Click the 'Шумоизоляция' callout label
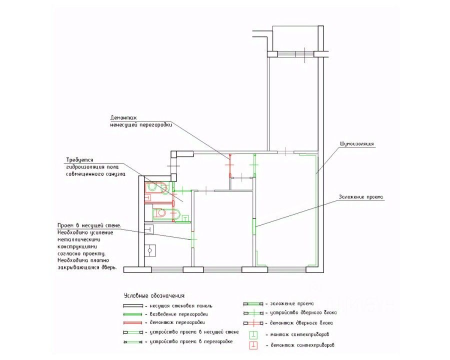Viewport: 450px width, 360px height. pos(357,144)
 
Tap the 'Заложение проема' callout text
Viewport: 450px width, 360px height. pos(360,196)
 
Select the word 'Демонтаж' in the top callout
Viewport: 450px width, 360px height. pos(122,118)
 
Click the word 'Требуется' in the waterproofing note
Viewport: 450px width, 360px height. pos(79,159)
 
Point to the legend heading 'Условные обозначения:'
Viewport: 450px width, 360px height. pos(154,296)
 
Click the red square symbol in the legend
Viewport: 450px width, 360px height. pos(253,345)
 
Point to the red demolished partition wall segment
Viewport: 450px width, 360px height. pos(229,165)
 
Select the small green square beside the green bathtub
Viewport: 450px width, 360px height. pos(185,218)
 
